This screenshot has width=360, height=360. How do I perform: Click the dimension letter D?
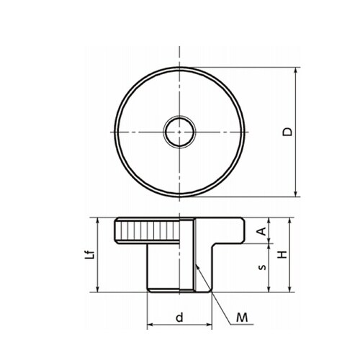click(x=287, y=132)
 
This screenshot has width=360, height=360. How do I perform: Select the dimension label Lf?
click(x=90, y=255)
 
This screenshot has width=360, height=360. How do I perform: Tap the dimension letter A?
click(x=261, y=231)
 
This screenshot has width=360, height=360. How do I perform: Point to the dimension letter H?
click(x=282, y=255)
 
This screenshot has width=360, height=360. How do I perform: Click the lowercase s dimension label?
click(x=264, y=267)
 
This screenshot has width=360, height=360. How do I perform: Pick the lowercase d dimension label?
click(x=179, y=317)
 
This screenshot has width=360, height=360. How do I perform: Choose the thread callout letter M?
click(x=242, y=318)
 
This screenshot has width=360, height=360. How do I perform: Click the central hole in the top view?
click(x=179, y=132)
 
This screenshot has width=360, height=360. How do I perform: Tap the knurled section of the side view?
click(x=147, y=230)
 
